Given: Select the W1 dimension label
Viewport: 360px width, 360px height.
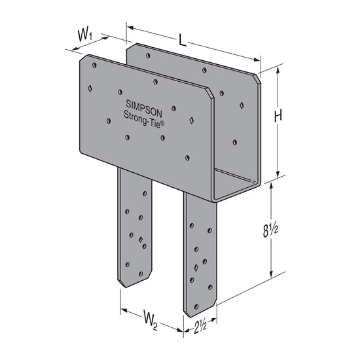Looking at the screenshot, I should tap(84, 35).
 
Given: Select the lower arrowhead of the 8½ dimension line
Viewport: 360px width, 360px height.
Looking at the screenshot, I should tap(271, 275).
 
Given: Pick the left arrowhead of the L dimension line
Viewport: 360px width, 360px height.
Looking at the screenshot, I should tap(129, 29).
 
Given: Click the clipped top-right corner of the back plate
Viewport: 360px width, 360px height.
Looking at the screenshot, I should tap(257, 79).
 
